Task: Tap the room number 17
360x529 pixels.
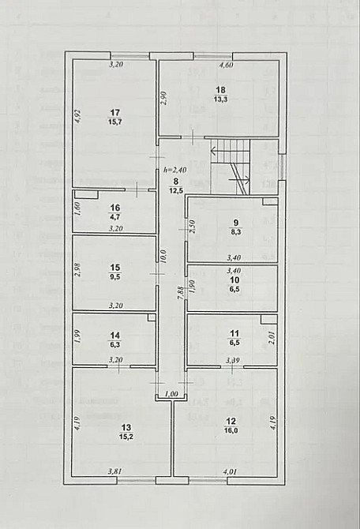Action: click(x=115, y=111)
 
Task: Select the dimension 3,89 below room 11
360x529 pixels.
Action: click(x=233, y=362)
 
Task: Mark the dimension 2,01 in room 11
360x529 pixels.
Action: click(x=272, y=339)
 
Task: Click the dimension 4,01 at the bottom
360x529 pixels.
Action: click(x=231, y=472)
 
